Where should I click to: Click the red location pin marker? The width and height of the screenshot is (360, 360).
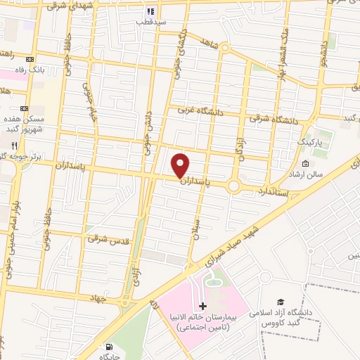181,165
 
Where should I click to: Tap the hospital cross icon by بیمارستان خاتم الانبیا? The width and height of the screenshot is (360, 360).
203,306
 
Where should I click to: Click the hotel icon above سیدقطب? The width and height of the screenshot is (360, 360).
150,12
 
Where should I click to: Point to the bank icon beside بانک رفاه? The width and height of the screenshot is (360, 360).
29,59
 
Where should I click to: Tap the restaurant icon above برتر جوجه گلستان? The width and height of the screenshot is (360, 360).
13,144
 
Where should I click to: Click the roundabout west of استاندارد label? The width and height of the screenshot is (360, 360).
234,186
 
